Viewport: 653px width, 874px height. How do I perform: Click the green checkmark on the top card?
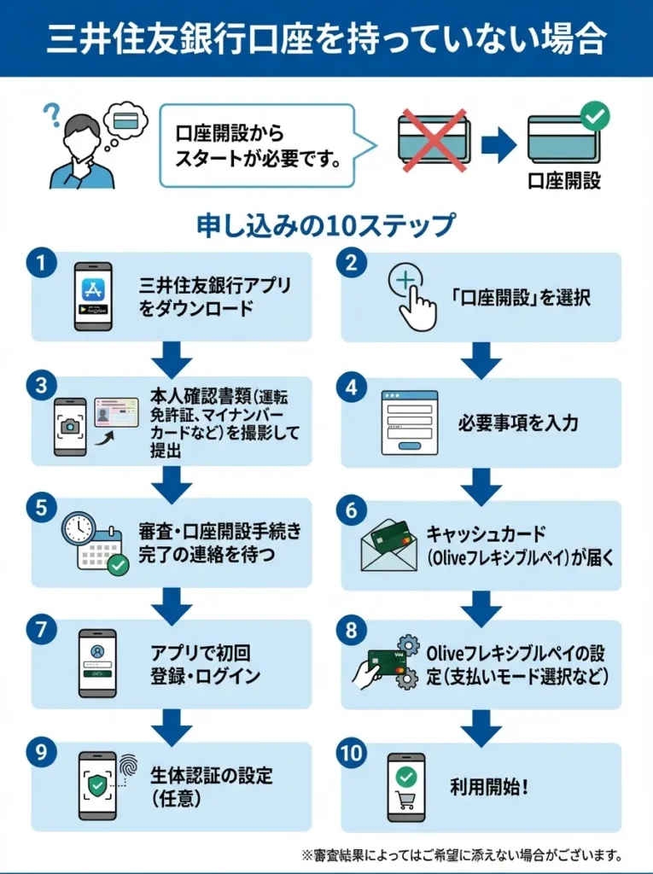(x=594, y=114)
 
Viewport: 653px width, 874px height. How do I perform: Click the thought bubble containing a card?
(x=125, y=122)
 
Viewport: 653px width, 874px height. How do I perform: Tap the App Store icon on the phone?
(x=93, y=291)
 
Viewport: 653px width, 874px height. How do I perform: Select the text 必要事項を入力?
(x=517, y=423)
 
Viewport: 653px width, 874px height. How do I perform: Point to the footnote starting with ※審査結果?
(x=461, y=854)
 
